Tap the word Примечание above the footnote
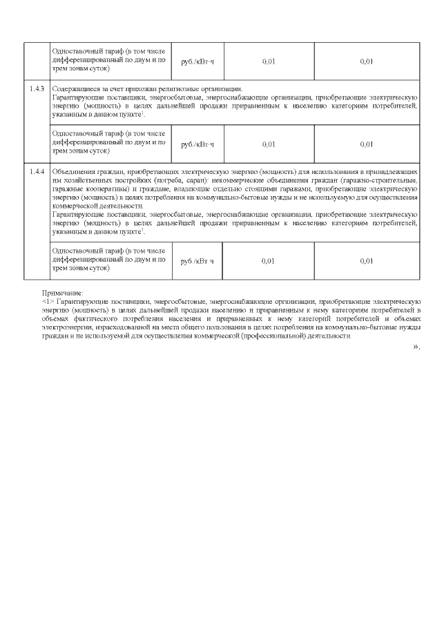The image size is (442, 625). tap(62, 294)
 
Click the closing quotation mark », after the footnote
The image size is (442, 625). tap(416, 346)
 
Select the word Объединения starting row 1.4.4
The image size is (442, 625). tap(73, 171)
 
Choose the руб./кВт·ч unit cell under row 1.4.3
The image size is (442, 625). tap(197, 144)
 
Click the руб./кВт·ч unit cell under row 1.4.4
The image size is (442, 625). tap(197, 261)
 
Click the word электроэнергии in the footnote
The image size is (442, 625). tap(68, 327)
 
